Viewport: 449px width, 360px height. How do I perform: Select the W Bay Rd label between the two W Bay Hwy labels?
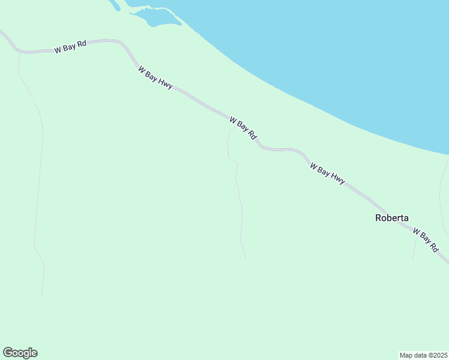pyautogui.click(x=243, y=128)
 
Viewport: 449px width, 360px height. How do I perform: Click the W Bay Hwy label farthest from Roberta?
pyautogui.click(x=155, y=77)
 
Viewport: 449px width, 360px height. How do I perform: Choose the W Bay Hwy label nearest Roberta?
pyautogui.click(x=327, y=172)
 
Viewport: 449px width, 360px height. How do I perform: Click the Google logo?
pyautogui.click(x=20, y=353)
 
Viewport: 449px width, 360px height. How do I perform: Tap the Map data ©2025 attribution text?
pyautogui.click(x=423, y=355)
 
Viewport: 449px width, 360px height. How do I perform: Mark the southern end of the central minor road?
pyautogui.click(x=246, y=258)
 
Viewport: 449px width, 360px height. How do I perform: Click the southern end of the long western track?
pyautogui.click(x=41, y=296)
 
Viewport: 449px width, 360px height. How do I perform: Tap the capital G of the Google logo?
pyautogui.click(x=8, y=353)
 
